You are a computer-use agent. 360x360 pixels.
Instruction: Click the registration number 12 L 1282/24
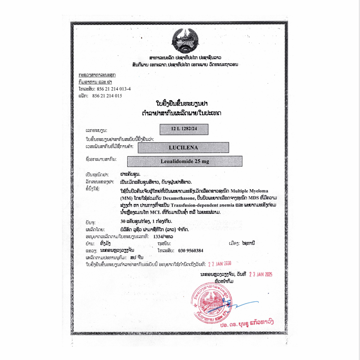pos(184,130)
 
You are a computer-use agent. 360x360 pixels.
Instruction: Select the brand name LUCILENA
pos(183,148)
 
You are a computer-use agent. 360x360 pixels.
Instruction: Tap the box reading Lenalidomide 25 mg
pos(185,161)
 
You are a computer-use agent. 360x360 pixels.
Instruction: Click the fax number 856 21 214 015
pos(107,96)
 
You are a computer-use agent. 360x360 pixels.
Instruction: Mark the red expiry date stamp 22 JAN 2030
pos(219,263)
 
